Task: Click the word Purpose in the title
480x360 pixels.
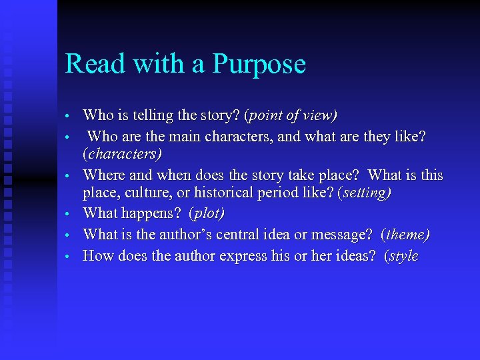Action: click(x=259, y=64)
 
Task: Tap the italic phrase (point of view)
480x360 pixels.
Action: click(x=291, y=115)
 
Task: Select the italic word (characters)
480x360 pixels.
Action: click(x=122, y=154)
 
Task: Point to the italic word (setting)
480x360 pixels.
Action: click(x=365, y=193)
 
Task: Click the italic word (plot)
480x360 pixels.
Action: click(x=207, y=214)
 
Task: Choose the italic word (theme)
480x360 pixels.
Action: click(x=405, y=235)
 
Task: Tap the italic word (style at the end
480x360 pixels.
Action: click(x=401, y=255)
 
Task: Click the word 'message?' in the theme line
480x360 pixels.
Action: click(x=339, y=235)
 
